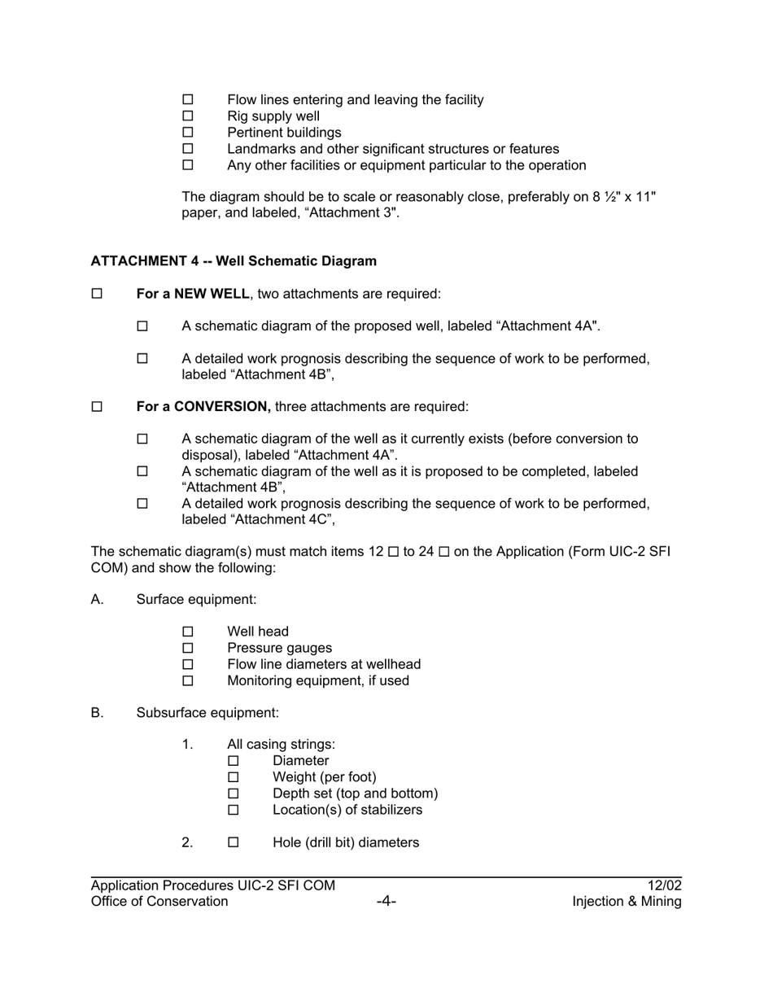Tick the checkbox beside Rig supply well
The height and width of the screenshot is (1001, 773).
pyautogui.click(x=188, y=116)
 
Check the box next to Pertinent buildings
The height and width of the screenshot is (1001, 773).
pyautogui.click(x=188, y=133)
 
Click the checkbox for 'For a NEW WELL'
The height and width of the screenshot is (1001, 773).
pyautogui.click(x=97, y=294)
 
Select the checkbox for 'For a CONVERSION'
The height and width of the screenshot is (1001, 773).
pyautogui.click(x=97, y=407)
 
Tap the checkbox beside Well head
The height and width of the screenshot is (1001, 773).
pyautogui.click(x=188, y=632)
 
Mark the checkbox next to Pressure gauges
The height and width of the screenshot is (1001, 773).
pyautogui.click(x=188, y=649)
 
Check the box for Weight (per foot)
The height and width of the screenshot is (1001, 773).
pyautogui.click(x=234, y=777)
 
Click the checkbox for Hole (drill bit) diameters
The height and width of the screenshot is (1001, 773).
pyautogui.click(x=234, y=843)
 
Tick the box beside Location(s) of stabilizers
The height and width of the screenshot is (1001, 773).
pyautogui.click(x=234, y=811)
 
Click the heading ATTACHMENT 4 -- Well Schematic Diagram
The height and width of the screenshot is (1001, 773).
pyautogui.click(x=234, y=261)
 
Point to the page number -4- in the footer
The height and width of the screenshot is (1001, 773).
pyautogui.click(x=386, y=902)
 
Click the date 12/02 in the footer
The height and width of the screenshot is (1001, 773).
pyautogui.click(x=665, y=885)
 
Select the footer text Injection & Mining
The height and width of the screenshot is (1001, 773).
pyautogui.click(x=627, y=902)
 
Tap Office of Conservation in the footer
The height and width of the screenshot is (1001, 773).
pyautogui.click(x=159, y=902)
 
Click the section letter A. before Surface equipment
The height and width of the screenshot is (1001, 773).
pyautogui.click(x=98, y=600)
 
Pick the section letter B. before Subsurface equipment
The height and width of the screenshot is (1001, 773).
pyautogui.click(x=98, y=713)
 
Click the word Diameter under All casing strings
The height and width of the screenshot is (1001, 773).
pyautogui.click(x=301, y=761)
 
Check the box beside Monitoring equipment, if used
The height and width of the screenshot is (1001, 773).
pyautogui.click(x=188, y=681)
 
